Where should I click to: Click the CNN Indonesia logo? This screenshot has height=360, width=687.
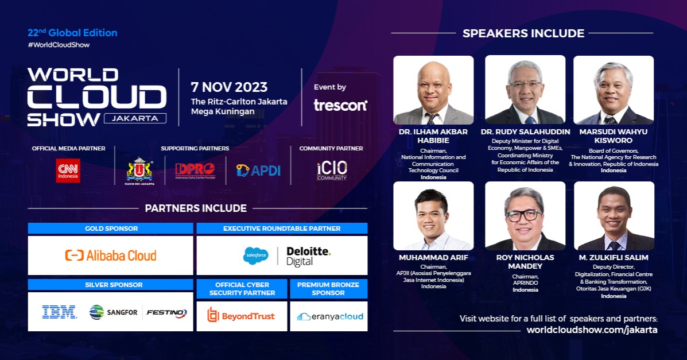click(68, 171)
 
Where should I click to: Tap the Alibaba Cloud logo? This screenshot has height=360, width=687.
click(110, 256)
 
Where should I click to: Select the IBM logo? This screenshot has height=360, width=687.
click(59, 312)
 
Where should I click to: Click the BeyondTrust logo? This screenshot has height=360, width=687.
click(241, 316)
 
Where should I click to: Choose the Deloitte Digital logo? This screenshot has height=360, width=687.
click(308, 256)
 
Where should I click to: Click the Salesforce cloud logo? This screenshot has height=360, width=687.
click(255, 256)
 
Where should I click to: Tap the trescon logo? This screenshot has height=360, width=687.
click(340, 105)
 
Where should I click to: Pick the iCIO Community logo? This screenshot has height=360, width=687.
click(332, 171)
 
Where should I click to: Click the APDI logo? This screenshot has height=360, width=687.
click(258, 170)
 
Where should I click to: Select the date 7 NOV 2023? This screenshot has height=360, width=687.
click(229, 87)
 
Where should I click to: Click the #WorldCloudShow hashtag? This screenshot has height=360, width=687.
click(59, 45)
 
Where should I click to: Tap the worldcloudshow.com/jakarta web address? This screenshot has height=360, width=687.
click(592, 330)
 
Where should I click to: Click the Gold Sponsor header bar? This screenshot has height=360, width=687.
click(110, 229)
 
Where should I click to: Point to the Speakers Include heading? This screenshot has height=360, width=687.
click(523, 33)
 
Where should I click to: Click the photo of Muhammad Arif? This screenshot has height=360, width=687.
click(433, 216)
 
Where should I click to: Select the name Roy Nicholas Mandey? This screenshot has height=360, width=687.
click(525, 262)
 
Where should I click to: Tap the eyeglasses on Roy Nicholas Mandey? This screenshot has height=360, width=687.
click(523, 215)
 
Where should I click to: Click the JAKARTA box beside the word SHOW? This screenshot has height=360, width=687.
click(135, 118)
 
